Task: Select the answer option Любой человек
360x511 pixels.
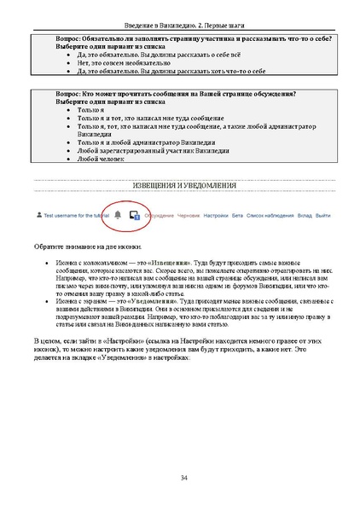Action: [x=96, y=158]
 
